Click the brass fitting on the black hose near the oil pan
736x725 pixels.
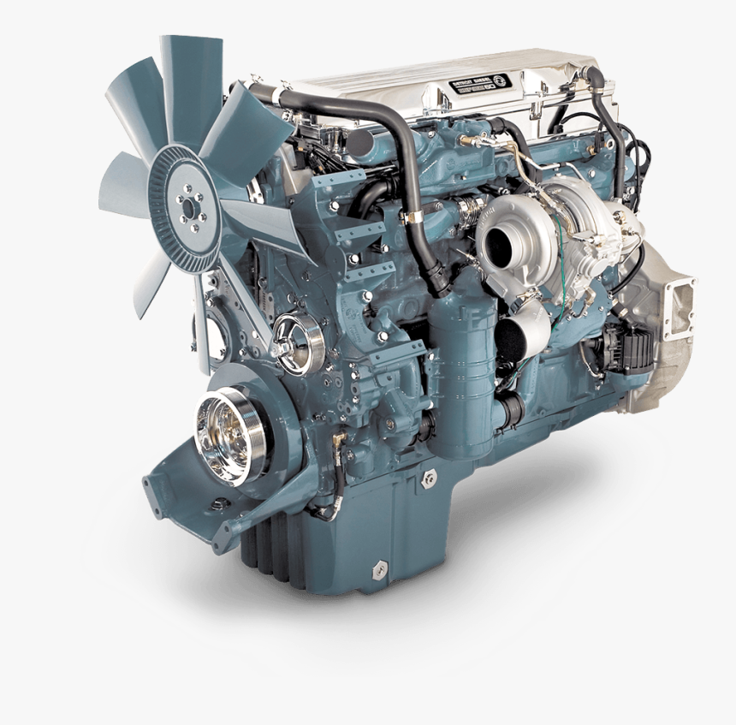point(339,440)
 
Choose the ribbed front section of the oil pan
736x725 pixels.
point(274,552)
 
